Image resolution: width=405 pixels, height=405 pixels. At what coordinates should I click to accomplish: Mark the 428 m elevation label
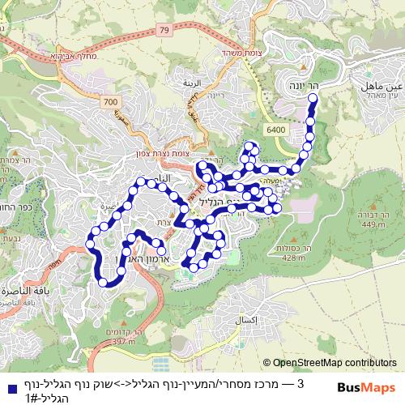pos(292,258)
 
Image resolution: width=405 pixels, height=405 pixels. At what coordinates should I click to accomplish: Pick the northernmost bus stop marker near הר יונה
pos(312,100)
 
